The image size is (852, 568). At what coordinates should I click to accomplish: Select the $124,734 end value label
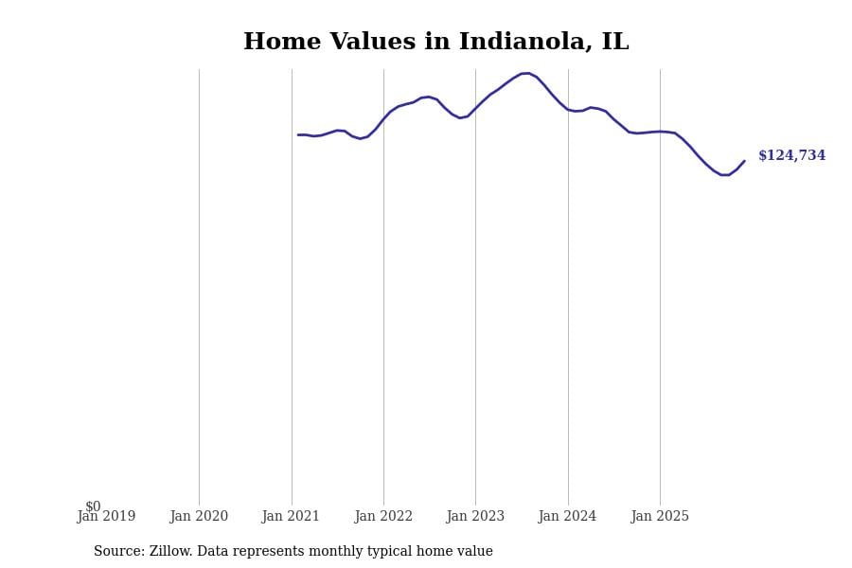point(791,156)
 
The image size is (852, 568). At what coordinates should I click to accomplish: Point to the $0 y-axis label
point(93,506)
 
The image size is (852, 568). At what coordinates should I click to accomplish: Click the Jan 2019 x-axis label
point(106,517)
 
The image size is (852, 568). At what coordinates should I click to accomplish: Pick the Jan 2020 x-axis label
point(199,517)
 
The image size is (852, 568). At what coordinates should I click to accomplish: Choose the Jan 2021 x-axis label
point(291,517)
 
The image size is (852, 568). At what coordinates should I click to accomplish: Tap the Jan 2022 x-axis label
point(383,517)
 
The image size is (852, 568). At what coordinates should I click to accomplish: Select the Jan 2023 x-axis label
point(475,517)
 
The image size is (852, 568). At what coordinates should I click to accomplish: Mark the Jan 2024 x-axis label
point(567,517)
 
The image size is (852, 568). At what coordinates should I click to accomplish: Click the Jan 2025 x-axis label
point(660,517)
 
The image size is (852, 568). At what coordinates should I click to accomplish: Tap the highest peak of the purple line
point(525,73)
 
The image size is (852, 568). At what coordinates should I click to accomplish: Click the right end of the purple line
point(744,161)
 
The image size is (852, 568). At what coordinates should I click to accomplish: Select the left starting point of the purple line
point(298,134)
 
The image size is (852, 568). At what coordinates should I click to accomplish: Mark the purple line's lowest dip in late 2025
point(724,175)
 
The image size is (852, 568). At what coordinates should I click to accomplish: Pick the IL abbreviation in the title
point(614,43)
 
